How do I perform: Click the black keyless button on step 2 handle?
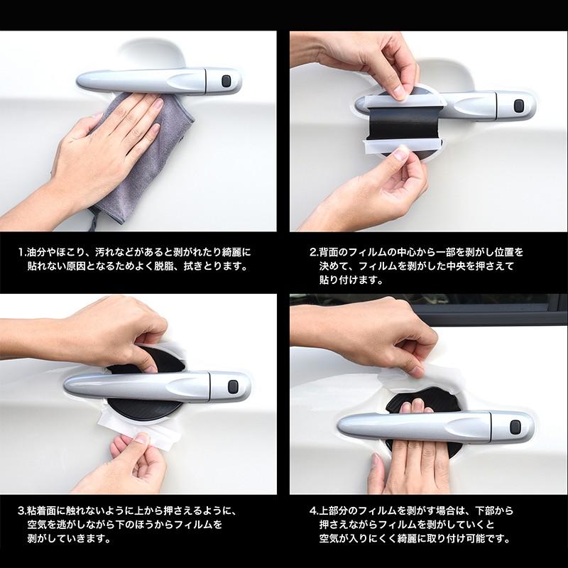[x=517, y=106]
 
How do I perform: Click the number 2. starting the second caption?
[x=313, y=252]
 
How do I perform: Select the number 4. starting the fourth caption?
[x=313, y=510]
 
